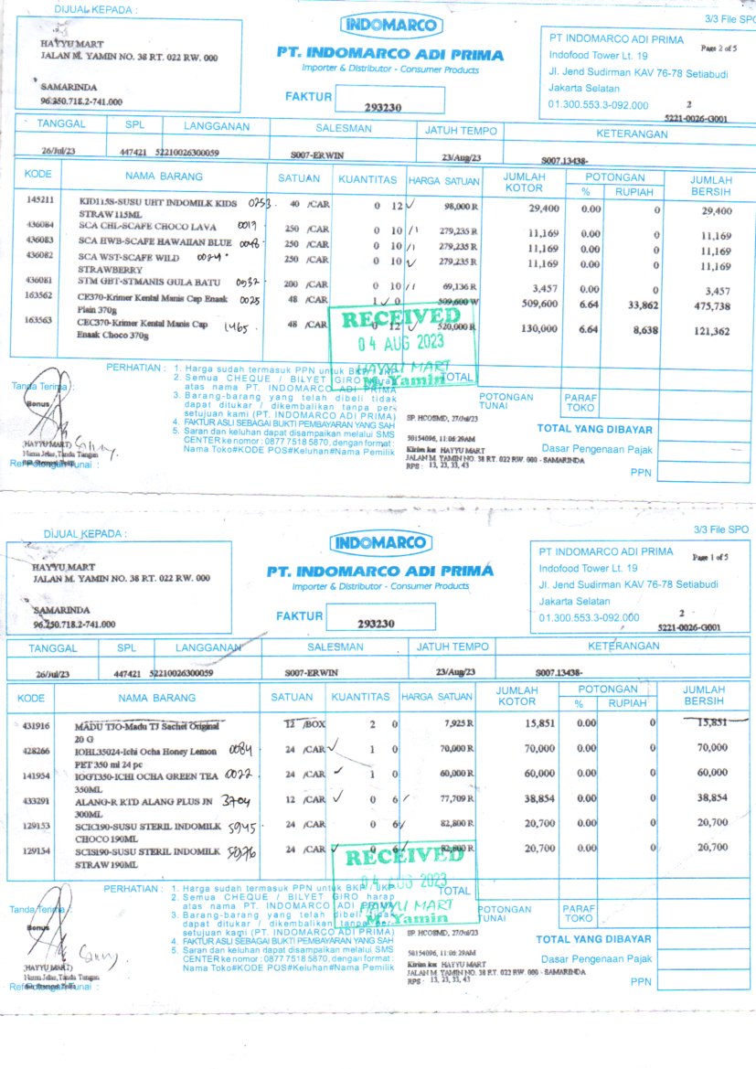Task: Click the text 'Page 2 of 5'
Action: [x=719, y=47]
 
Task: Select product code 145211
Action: [x=40, y=198]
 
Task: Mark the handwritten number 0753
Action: [x=261, y=202]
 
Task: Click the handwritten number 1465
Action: [x=235, y=326]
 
